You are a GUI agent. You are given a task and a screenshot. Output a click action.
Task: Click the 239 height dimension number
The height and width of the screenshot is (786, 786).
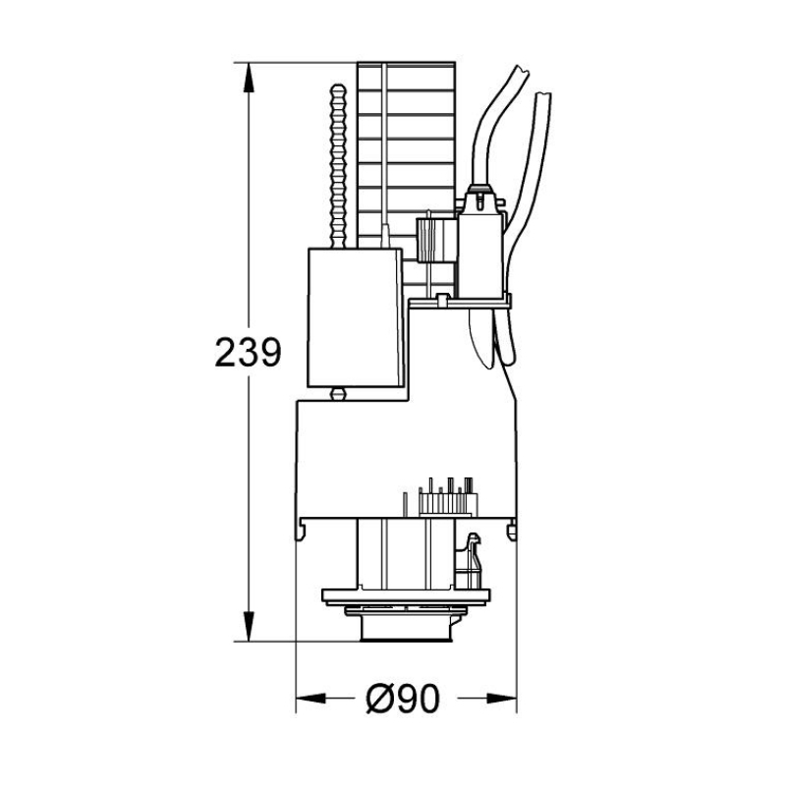tap(248, 352)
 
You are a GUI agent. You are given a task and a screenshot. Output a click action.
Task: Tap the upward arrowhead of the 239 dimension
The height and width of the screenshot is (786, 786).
tap(248, 78)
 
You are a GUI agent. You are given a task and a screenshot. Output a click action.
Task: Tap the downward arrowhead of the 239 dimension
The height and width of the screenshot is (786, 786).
tap(248, 626)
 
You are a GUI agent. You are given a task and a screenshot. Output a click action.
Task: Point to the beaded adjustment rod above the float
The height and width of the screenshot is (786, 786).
tap(338, 166)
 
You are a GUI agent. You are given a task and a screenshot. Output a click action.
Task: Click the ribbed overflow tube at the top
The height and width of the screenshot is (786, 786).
tap(406, 155)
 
